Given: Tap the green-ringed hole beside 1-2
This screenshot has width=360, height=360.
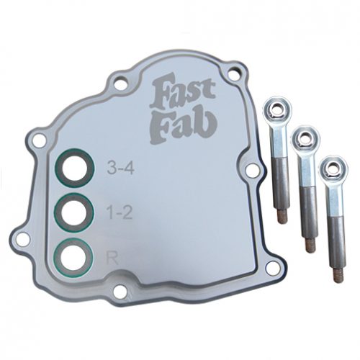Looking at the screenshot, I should [74, 212].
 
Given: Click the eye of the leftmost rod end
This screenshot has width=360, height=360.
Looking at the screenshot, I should [275, 110].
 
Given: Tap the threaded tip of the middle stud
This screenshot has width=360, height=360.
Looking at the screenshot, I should [311, 245].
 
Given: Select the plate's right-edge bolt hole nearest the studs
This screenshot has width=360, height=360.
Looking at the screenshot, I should [253, 171].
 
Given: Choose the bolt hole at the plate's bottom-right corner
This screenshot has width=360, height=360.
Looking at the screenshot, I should [271, 267].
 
